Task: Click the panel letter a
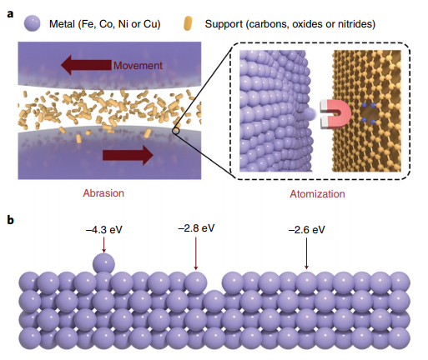[10, 13]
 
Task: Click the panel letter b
[10, 220]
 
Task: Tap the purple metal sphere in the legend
[32, 23]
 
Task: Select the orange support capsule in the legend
[188, 23]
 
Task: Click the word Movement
[138, 66]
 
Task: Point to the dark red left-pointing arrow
[86, 65]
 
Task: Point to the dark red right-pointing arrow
[128, 155]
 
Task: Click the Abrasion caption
[103, 193]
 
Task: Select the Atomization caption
[317, 193]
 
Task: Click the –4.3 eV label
[104, 230]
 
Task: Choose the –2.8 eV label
[196, 228]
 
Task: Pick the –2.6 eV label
[307, 230]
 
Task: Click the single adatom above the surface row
[103, 263]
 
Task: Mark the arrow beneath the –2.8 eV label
[196, 253]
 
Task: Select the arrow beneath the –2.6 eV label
[306, 253]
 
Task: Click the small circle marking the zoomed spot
[176, 131]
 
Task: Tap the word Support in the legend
[224, 24]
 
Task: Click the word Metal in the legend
[62, 24]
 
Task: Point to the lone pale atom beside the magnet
[310, 114]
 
